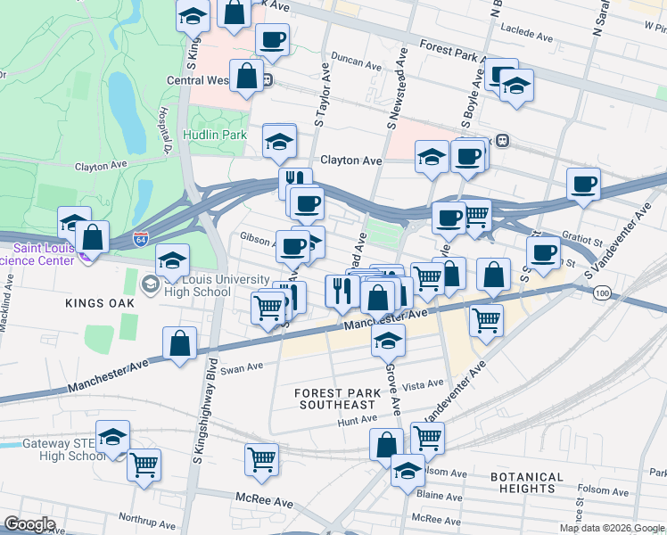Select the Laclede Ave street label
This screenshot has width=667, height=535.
(x=533, y=34)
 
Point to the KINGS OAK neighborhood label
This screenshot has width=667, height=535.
(x=99, y=303)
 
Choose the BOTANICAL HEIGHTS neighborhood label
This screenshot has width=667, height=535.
(x=527, y=482)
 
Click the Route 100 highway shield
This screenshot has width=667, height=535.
(x=604, y=293)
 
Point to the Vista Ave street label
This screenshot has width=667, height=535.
(x=424, y=384)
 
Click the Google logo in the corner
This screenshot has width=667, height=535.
(x=29, y=523)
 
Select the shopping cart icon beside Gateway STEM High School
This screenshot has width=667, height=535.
(x=144, y=464)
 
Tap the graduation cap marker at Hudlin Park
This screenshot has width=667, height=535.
(x=279, y=140)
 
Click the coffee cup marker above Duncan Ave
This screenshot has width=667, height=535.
(x=272, y=39)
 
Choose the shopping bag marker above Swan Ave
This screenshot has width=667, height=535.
(x=179, y=343)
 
